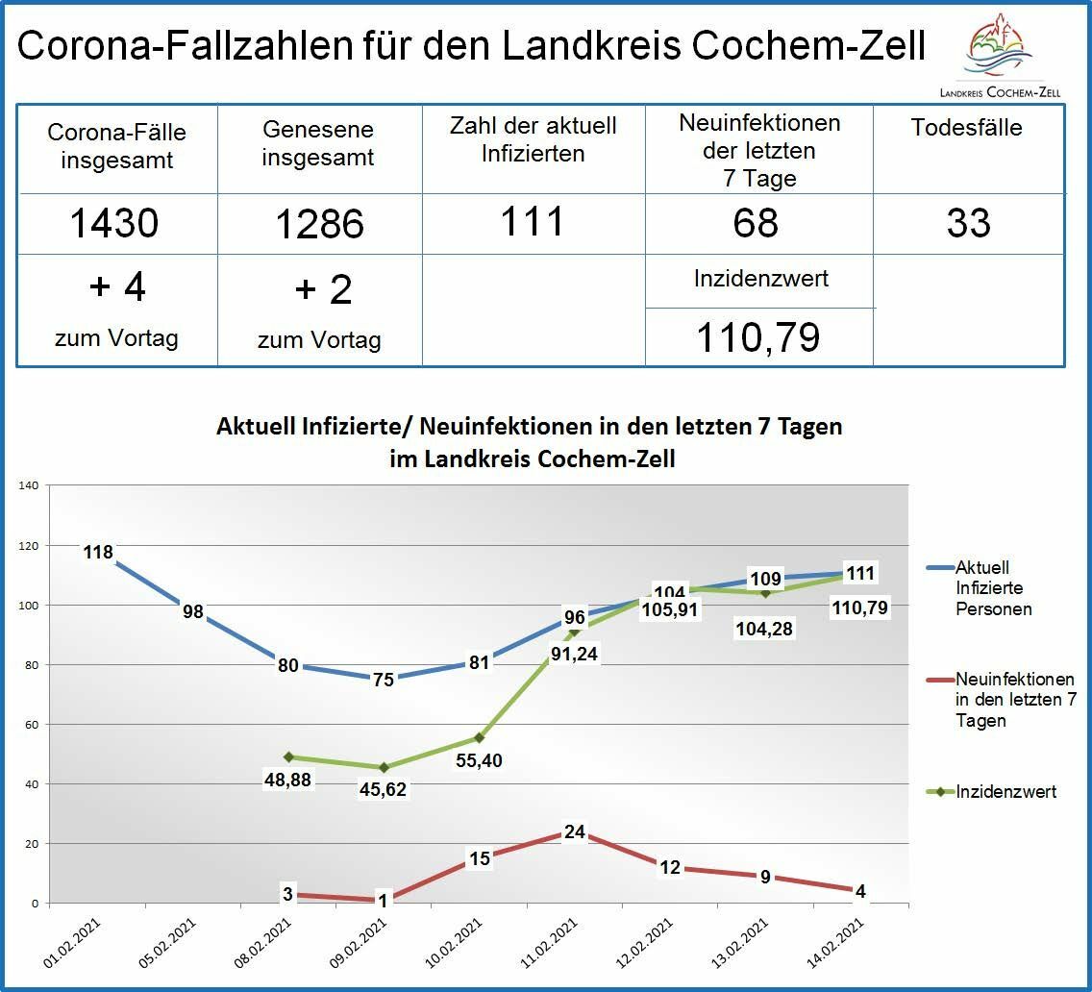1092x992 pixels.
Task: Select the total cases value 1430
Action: click(x=114, y=223)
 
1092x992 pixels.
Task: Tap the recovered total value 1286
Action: click(x=319, y=224)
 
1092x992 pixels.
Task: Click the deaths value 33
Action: click(x=968, y=222)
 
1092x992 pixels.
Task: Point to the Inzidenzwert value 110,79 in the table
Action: click(x=758, y=337)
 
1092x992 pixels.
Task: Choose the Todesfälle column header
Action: click(x=967, y=128)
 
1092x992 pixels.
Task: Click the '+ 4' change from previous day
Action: click(x=116, y=286)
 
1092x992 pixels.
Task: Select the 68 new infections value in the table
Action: click(x=757, y=222)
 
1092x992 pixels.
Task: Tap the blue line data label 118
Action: click(x=98, y=552)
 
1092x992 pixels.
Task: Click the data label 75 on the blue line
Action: click(x=383, y=680)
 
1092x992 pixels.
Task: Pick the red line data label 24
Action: click(x=574, y=831)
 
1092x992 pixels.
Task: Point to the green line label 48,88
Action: click(x=287, y=780)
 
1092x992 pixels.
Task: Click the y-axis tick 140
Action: click(x=28, y=485)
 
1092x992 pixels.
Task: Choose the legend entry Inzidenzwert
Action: click(x=1005, y=791)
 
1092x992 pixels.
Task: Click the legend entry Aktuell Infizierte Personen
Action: click(x=993, y=587)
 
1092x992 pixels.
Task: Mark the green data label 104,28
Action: click(x=764, y=630)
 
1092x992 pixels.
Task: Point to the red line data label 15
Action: click(x=479, y=858)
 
